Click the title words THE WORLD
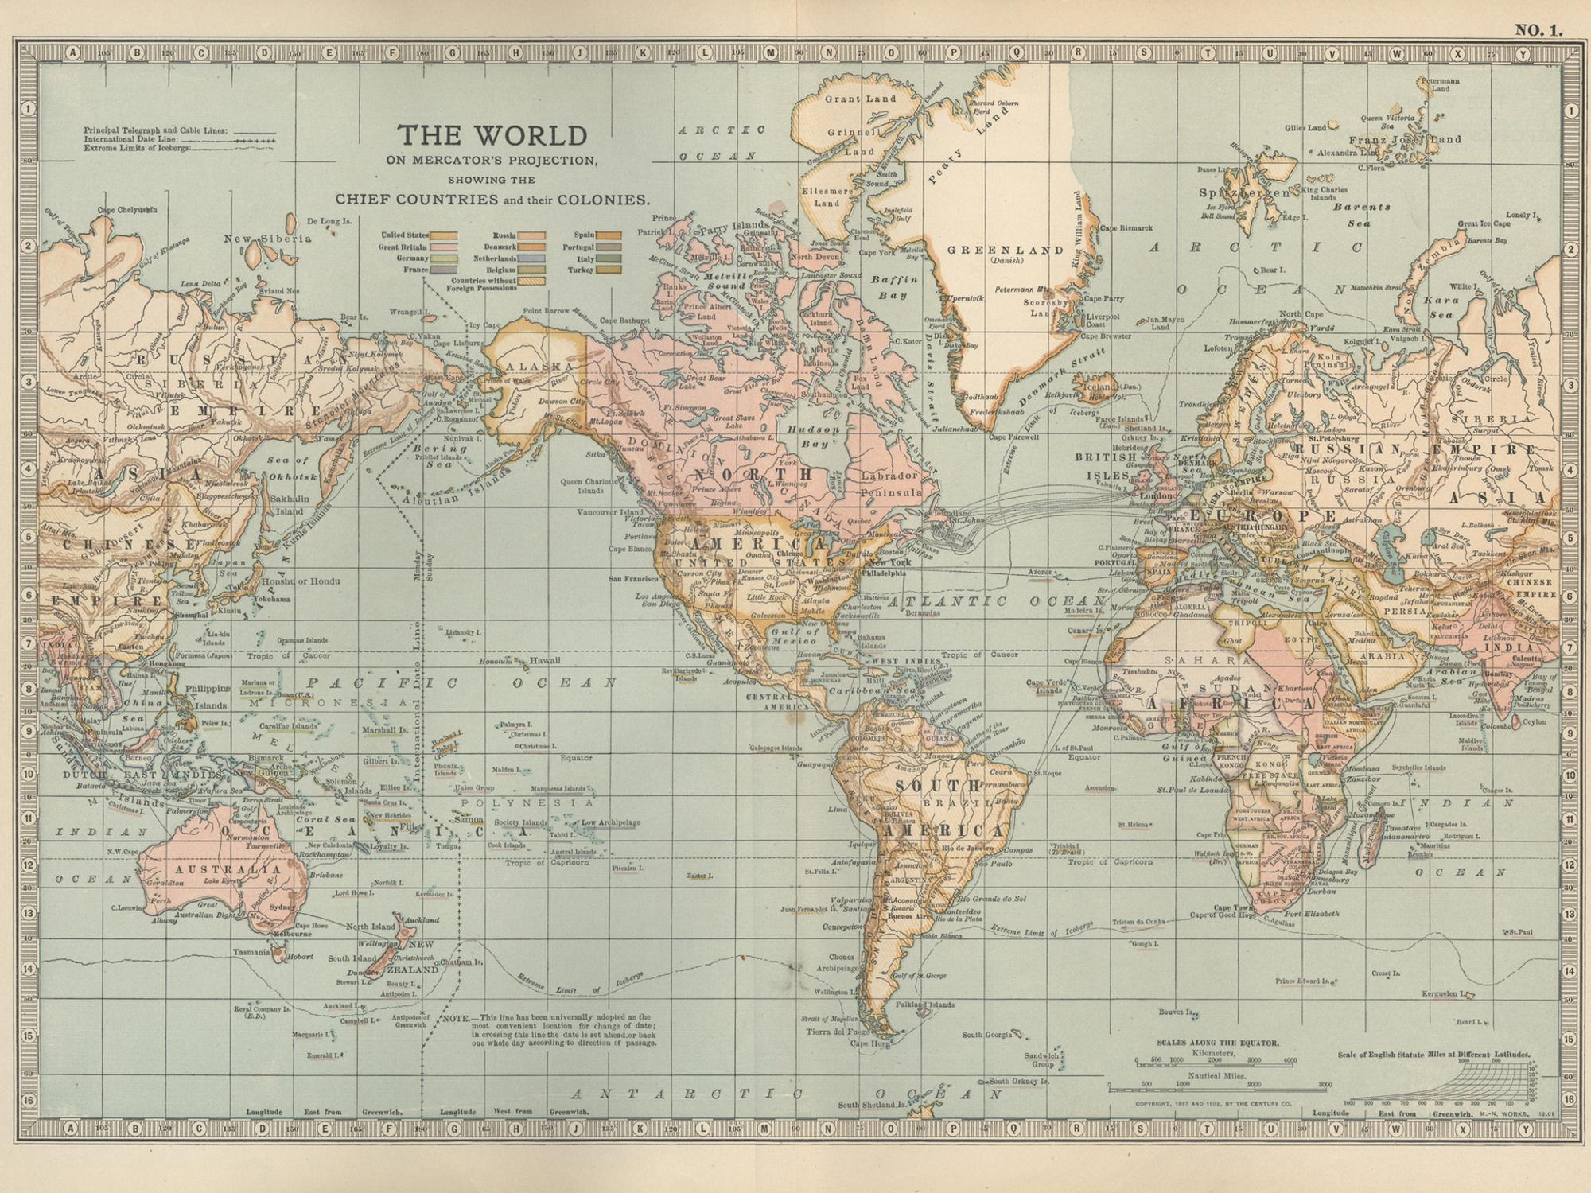[x=492, y=135]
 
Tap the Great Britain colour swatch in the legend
[x=444, y=247]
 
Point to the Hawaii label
[x=545, y=661]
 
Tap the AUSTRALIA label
[x=228, y=869]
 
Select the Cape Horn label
[x=869, y=1043]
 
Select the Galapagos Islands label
[x=775, y=748]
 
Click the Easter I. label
[x=699, y=876]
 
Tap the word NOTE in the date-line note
[x=457, y=1018]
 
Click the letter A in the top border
[x=72, y=54]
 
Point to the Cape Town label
[x=1232, y=907]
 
